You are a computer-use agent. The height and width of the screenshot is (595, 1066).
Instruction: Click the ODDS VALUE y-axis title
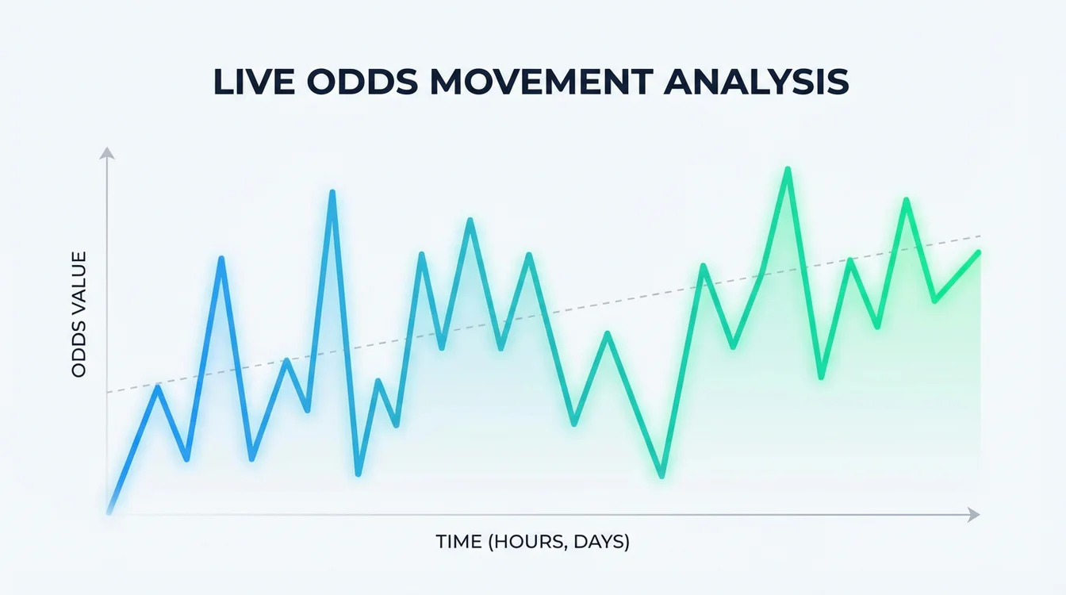(79, 314)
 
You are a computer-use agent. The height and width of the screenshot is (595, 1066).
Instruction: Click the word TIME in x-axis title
(459, 543)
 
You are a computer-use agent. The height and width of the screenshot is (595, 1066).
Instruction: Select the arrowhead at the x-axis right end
(975, 515)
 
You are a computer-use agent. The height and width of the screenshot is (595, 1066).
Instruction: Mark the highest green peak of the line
(788, 170)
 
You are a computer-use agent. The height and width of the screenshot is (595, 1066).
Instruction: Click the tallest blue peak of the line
(332, 193)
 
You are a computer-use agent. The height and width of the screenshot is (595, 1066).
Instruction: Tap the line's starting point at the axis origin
(109, 512)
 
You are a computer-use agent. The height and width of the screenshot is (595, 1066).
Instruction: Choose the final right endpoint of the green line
(979, 252)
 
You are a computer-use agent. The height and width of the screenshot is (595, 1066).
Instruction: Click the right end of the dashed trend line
(981, 236)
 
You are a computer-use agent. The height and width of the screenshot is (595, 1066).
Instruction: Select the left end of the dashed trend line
(108, 392)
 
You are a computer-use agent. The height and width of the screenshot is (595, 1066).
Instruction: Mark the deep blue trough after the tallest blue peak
(359, 473)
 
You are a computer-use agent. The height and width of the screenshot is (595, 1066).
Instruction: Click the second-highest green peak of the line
(906, 200)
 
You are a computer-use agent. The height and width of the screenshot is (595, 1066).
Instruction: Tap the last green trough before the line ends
(935, 301)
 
